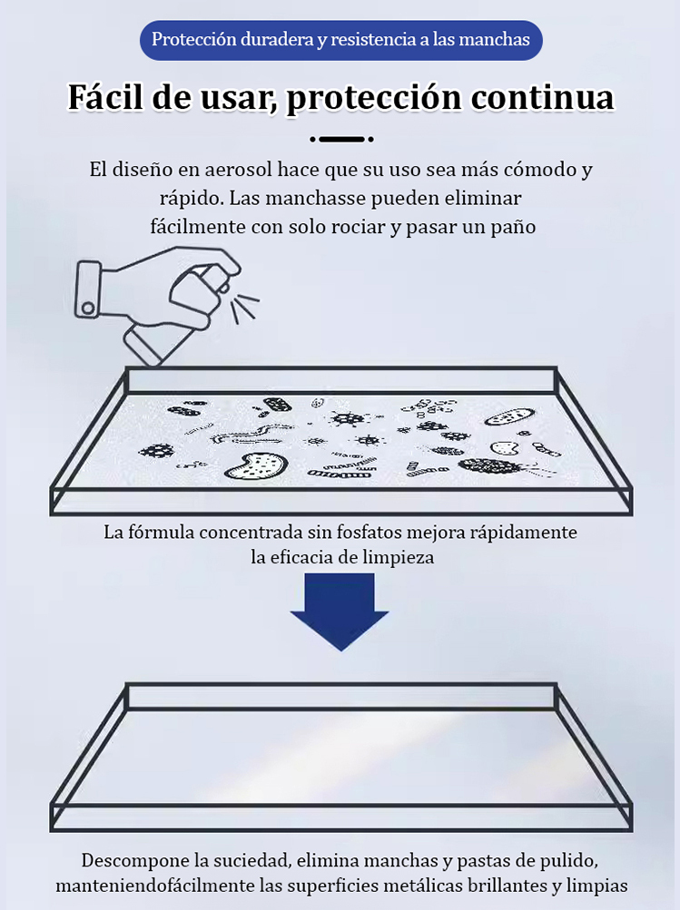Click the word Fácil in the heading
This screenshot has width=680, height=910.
pos(105,97)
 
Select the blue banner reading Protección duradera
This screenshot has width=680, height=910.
pos(340,41)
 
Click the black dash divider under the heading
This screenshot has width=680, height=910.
pos(341,140)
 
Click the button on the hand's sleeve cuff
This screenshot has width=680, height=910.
pos(87,308)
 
